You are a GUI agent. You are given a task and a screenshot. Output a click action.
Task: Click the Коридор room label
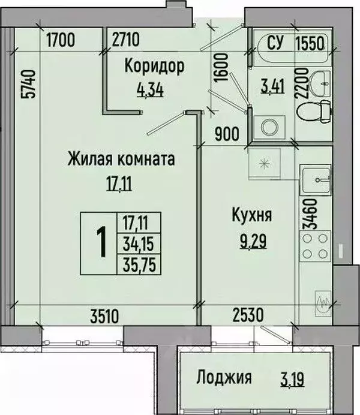click(154, 66)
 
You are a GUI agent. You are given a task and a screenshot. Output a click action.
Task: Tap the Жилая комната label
click(121, 159)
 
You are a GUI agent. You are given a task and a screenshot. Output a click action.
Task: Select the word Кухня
click(252, 215)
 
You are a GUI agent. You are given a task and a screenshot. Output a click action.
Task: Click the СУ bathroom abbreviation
click(275, 43)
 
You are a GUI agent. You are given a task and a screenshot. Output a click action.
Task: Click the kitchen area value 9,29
click(253, 241)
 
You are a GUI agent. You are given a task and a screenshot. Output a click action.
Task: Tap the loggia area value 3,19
click(292, 379)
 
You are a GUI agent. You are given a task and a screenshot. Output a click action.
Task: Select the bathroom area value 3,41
click(272, 86)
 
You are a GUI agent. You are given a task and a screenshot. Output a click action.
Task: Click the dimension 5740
click(28, 84)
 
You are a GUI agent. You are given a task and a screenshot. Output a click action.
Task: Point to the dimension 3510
click(104, 316)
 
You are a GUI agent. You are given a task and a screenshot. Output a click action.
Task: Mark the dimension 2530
click(248, 315)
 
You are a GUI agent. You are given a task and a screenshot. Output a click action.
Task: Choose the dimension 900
click(227, 134)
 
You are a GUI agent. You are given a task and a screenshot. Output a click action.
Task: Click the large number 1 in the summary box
click(101, 242)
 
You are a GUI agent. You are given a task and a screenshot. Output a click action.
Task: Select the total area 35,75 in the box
click(139, 265)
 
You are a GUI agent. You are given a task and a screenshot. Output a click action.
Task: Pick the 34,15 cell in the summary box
click(139, 243)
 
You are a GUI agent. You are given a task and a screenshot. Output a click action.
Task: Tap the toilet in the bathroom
click(314, 111)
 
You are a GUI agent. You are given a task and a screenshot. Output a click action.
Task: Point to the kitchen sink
click(315, 180)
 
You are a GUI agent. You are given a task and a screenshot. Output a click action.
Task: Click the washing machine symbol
click(269, 127)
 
